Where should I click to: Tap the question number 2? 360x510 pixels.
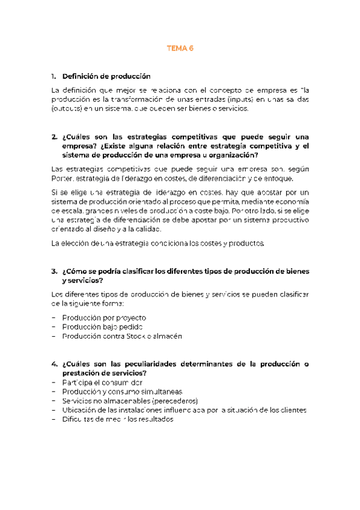tap(54, 137)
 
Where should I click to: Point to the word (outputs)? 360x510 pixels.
tap(69, 109)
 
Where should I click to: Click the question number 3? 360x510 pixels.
tap(54, 271)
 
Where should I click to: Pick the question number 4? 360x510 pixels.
tap(54, 364)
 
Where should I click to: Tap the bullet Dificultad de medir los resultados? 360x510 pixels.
tap(117, 420)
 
